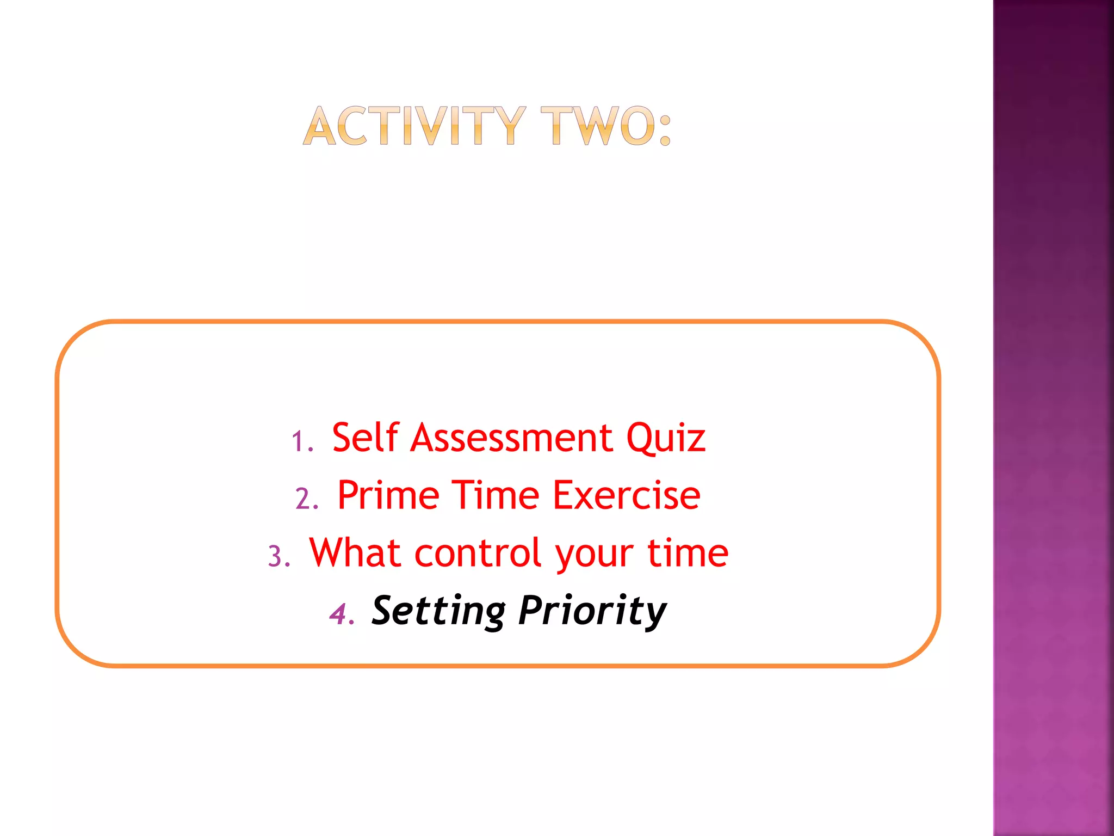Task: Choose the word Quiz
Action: coord(665,438)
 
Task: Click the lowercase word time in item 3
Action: coord(687,552)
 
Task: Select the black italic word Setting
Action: coord(438,611)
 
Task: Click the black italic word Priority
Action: coord(592,611)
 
